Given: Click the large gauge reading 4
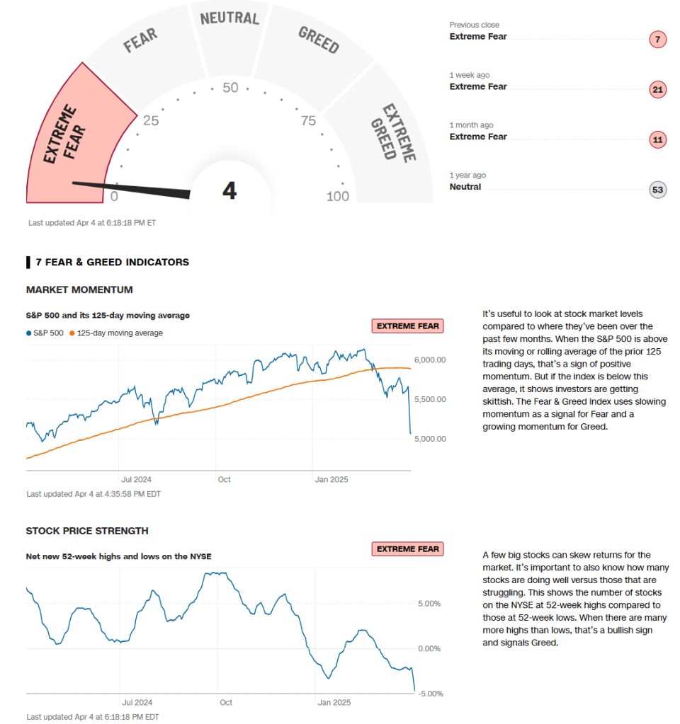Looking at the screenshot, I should tap(229, 191).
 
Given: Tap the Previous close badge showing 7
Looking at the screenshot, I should tap(658, 40).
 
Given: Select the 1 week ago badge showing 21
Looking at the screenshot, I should tap(658, 89).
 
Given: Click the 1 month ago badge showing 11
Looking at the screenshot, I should tap(658, 139).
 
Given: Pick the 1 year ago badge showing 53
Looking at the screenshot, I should tap(658, 190).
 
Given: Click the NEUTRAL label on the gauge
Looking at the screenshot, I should tap(230, 18).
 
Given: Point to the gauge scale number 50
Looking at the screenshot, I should tap(230, 88).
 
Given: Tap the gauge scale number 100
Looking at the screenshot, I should tap(338, 196).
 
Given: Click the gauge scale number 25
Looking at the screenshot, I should tap(150, 120).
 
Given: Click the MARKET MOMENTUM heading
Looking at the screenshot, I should tap(79, 289).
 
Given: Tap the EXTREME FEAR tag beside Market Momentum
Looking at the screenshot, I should tap(408, 326).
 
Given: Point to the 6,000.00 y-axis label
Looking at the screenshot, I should tap(430, 360).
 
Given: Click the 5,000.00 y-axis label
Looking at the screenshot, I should tap(430, 439).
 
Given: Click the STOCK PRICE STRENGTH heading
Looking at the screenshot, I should tap(87, 531).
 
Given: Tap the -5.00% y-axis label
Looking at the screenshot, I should tap(429, 694).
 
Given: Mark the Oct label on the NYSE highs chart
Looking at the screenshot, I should tap(226, 703).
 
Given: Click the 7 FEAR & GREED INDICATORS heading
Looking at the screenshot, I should tap(112, 262).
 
